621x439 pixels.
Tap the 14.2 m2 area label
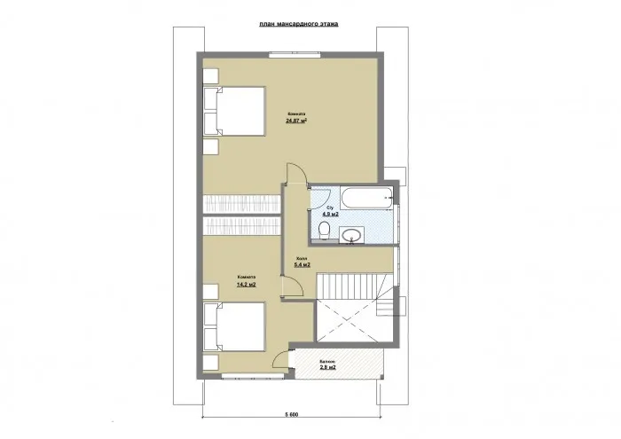click(246, 285)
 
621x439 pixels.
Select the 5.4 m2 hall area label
click(302, 263)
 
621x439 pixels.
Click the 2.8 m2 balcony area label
click(327, 366)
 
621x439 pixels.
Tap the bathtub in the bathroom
click(364, 198)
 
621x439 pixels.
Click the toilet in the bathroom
click(325, 232)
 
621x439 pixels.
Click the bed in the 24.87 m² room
click(234, 111)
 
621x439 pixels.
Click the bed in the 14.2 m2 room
click(234, 327)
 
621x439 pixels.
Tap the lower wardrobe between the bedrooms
click(241, 226)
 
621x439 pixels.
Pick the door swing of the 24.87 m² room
click(296, 176)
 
